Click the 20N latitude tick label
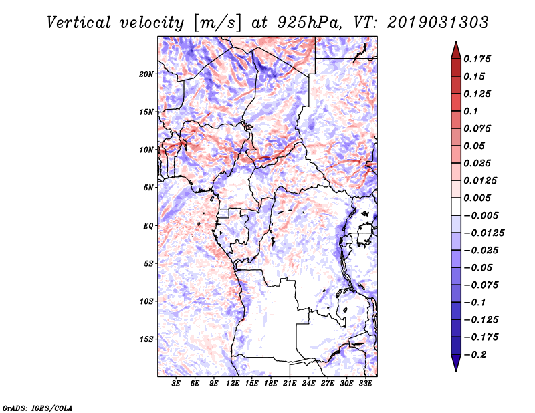[x=146, y=74]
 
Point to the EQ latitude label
[x=148, y=225]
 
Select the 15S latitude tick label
[x=146, y=339]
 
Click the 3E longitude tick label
[x=177, y=384]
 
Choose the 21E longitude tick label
[x=290, y=384]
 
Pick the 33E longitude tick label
[x=365, y=384]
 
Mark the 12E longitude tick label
[x=233, y=384]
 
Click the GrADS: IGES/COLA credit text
[x=28, y=407]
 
